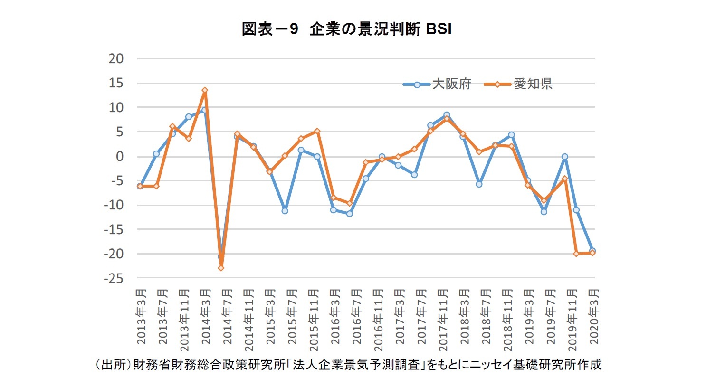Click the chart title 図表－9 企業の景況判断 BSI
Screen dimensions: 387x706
pyautogui.click(x=346, y=29)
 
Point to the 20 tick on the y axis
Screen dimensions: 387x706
pyautogui.click(x=116, y=58)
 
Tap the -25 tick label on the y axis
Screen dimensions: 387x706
pyautogui.click(x=114, y=278)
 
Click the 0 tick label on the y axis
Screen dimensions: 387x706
pyautogui.click(x=119, y=156)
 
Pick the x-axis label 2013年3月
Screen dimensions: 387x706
pyautogui.click(x=141, y=316)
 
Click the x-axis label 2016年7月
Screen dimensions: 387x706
pyautogui.click(x=357, y=316)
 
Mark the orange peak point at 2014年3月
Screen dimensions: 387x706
pyautogui.click(x=205, y=90)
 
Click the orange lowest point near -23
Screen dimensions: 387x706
pyautogui.click(x=221, y=268)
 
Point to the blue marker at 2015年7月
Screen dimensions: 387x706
pyautogui.click(x=285, y=210)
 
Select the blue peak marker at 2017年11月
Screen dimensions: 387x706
pyautogui.click(x=447, y=115)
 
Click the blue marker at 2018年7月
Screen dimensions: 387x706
pyautogui.click(x=479, y=184)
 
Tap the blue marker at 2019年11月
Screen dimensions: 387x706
pyautogui.click(x=565, y=157)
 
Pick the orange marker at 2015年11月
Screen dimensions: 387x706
pyautogui.click(x=317, y=131)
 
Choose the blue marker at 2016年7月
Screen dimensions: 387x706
pyautogui.click(x=350, y=214)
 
